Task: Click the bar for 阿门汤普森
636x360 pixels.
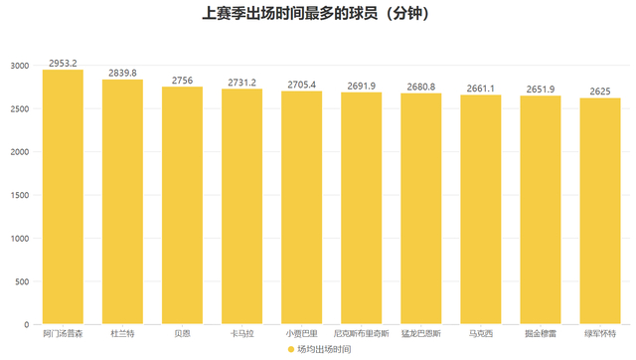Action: click(x=63, y=197)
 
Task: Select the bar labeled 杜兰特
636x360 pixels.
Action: click(x=122, y=202)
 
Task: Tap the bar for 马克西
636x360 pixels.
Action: click(x=481, y=210)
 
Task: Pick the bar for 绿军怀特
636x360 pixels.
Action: click(x=600, y=211)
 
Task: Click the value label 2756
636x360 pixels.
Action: click(x=182, y=81)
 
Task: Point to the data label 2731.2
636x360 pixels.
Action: click(x=241, y=83)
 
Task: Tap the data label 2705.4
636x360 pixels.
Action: click(x=302, y=85)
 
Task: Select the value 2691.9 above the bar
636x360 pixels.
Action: click(x=362, y=87)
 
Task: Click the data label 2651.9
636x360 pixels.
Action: click(x=541, y=90)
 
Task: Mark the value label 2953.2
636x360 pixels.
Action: click(x=63, y=64)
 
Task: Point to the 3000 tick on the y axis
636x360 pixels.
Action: click(x=20, y=66)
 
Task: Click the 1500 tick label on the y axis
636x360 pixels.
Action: click(x=20, y=195)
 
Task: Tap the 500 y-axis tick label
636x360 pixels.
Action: click(x=22, y=281)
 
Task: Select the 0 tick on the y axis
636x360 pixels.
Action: click(x=27, y=324)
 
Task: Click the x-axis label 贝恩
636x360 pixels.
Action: click(x=182, y=333)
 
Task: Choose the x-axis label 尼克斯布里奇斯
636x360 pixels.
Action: click(x=362, y=333)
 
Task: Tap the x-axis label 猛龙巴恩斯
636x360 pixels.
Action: click(x=421, y=333)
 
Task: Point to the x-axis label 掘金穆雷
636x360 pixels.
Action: click(x=541, y=333)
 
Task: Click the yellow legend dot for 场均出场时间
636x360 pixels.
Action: click(x=291, y=349)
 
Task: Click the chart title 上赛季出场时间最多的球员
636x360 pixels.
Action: click(x=290, y=13)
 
